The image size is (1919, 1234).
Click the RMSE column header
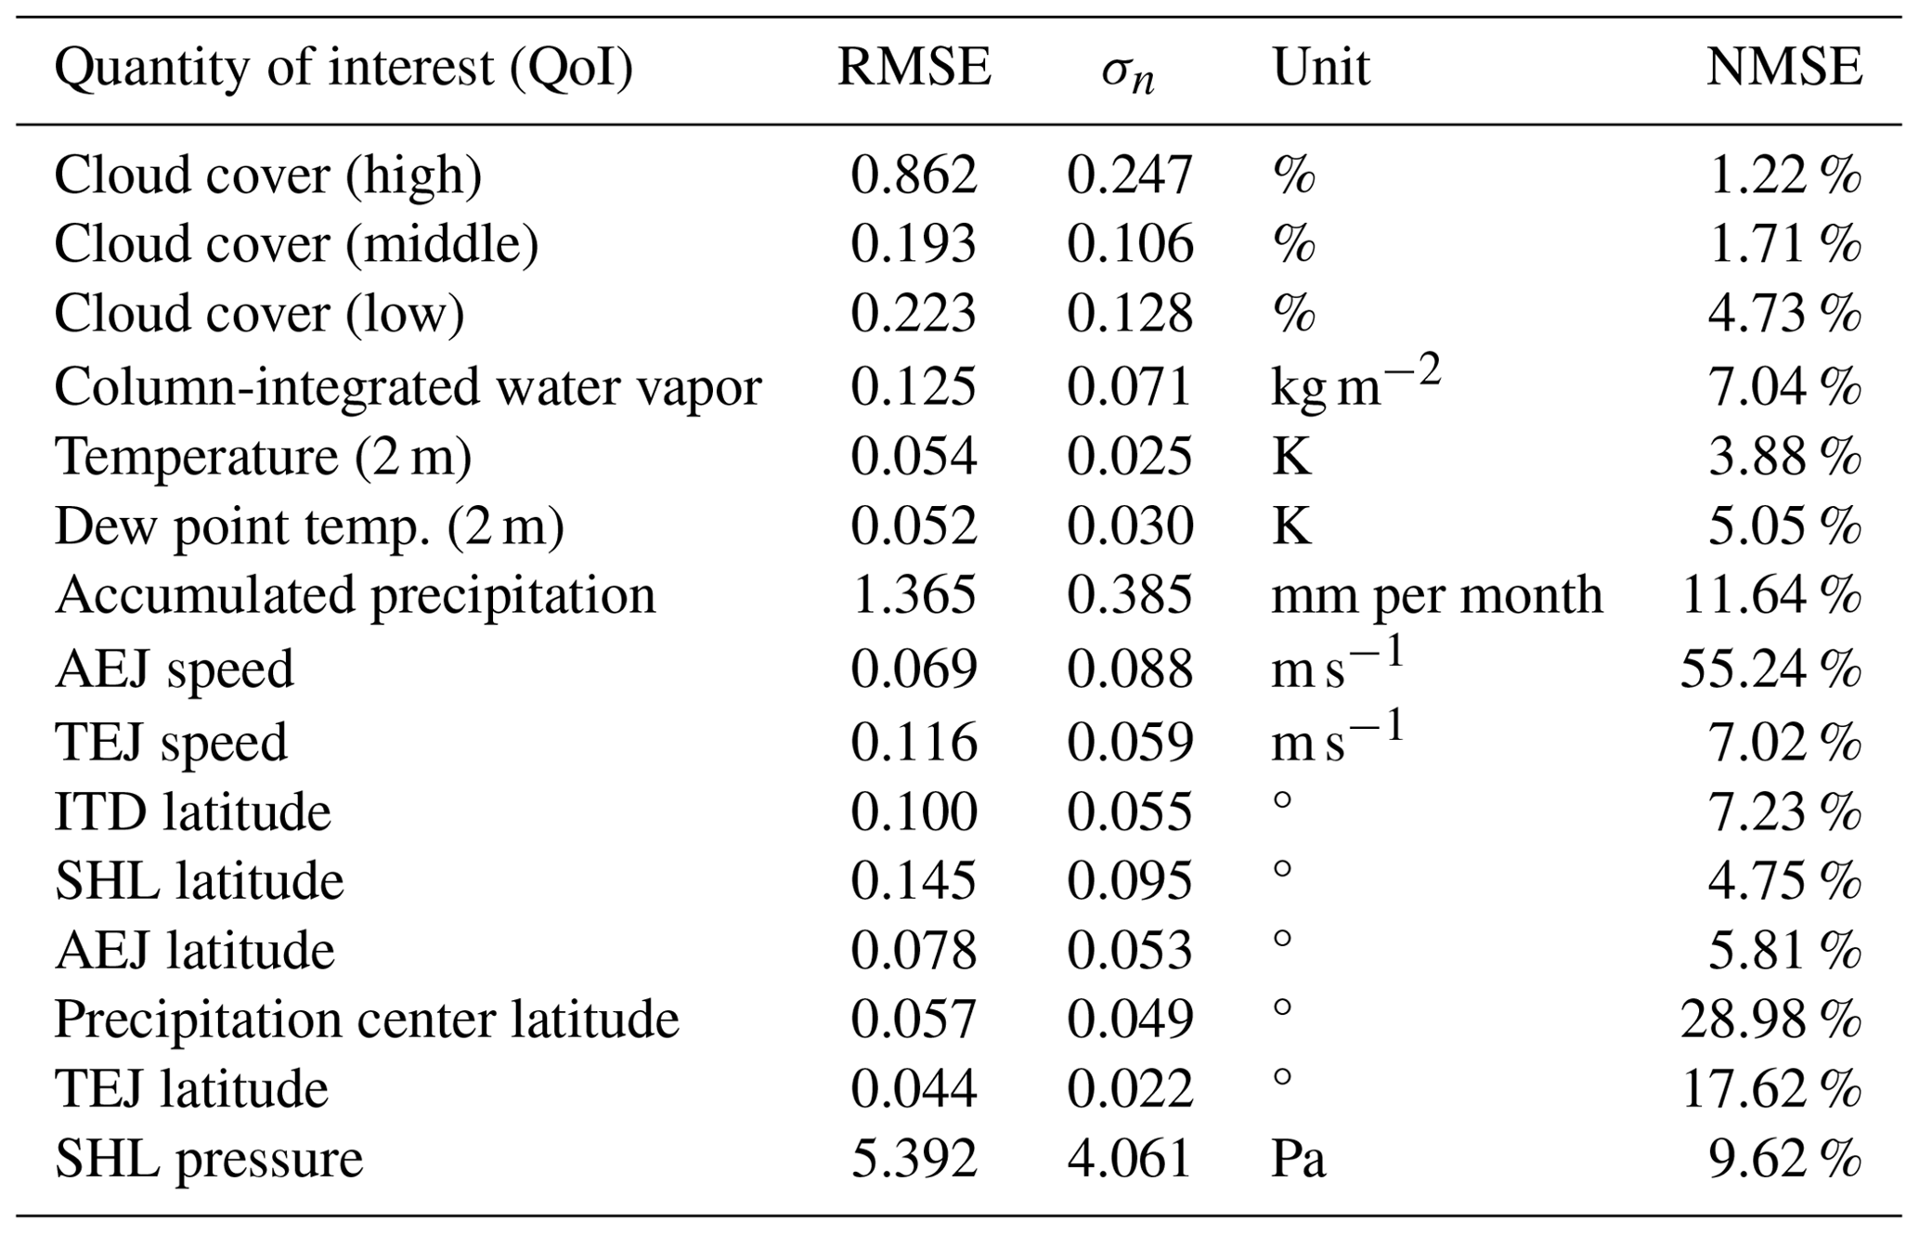tap(914, 68)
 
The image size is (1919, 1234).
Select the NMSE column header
tap(1783, 68)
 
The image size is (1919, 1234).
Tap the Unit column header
tap(1320, 68)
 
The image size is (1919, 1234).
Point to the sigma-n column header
tap(1128, 72)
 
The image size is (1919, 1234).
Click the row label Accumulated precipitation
tap(355, 595)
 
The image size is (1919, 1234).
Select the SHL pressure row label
tap(209, 1159)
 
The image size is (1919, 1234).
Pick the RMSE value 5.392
tap(914, 1159)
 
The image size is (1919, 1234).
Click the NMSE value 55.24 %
tap(1770, 669)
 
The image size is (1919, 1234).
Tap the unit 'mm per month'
tap(1436, 595)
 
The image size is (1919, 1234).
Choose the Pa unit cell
tap(1298, 1159)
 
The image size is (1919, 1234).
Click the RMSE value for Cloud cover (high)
tap(914, 175)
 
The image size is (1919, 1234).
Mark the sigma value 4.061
tap(1129, 1159)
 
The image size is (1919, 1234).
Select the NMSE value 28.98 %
tap(1770, 1020)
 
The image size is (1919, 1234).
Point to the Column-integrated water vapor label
tap(408, 386)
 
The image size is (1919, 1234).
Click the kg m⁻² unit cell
tap(1355, 383)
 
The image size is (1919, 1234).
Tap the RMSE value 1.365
tap(914, 595)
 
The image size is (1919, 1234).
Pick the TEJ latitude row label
tap(191, 1088)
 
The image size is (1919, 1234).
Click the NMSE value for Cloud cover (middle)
tap(1783, 244)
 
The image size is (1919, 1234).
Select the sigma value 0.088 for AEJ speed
tap(1129, 669)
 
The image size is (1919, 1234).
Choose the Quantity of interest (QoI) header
tap(344, 68)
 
